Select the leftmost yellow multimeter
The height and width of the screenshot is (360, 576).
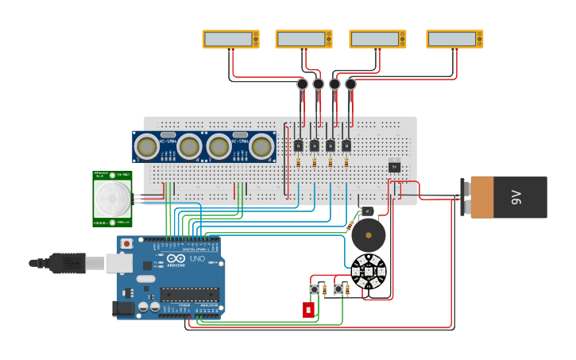point(230,39)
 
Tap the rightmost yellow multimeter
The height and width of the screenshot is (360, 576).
point(454,39)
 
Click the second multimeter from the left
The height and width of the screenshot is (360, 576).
point(303,39)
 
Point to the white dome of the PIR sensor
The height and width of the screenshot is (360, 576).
point(111,198)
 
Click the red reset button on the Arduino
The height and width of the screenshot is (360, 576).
point(126,243)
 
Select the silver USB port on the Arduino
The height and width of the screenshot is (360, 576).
point(119,262)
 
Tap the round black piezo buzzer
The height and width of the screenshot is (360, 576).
point(368,236)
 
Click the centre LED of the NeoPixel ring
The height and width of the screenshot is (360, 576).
point(368,272)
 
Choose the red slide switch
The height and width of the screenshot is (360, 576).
point(308,309)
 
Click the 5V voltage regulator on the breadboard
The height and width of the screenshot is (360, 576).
point(394,165)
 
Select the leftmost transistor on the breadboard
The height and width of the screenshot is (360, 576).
point(298,145)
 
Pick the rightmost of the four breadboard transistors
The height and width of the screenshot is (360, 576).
point(346,145)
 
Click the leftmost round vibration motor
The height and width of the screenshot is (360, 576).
point(302,84)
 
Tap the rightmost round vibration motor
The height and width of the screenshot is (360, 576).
point(350,84)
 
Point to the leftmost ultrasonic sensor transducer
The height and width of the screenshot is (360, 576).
point(146,146)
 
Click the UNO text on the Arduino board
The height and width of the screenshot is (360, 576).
point(195,259)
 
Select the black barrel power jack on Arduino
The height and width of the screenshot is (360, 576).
point(124,308)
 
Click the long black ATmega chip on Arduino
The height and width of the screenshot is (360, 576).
point(189,294)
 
